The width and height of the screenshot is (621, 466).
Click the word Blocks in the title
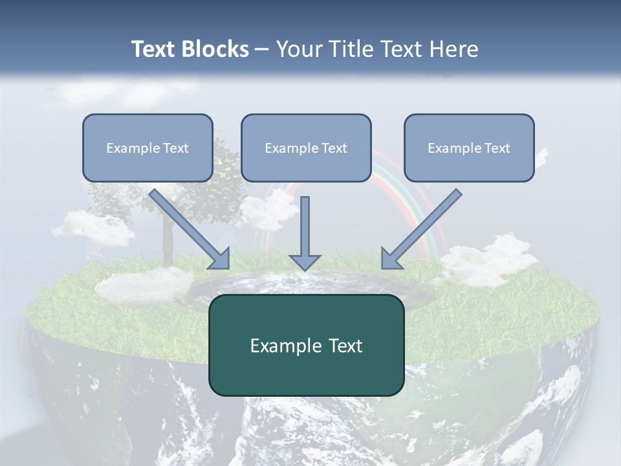[216, 49]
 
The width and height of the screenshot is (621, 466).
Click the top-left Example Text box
[147, 148]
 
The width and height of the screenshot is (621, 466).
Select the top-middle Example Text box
[306, 148]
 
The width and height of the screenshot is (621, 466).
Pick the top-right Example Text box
[469, 148]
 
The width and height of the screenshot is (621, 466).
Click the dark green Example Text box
[306, 345]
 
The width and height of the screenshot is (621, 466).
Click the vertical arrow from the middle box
[305, 227]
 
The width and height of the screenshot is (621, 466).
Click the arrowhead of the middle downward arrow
[305, 261]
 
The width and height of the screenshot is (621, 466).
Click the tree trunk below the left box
[168, 243]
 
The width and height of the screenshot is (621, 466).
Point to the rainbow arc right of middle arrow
[414, 194]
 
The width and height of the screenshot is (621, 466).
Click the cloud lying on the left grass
[142, 283]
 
